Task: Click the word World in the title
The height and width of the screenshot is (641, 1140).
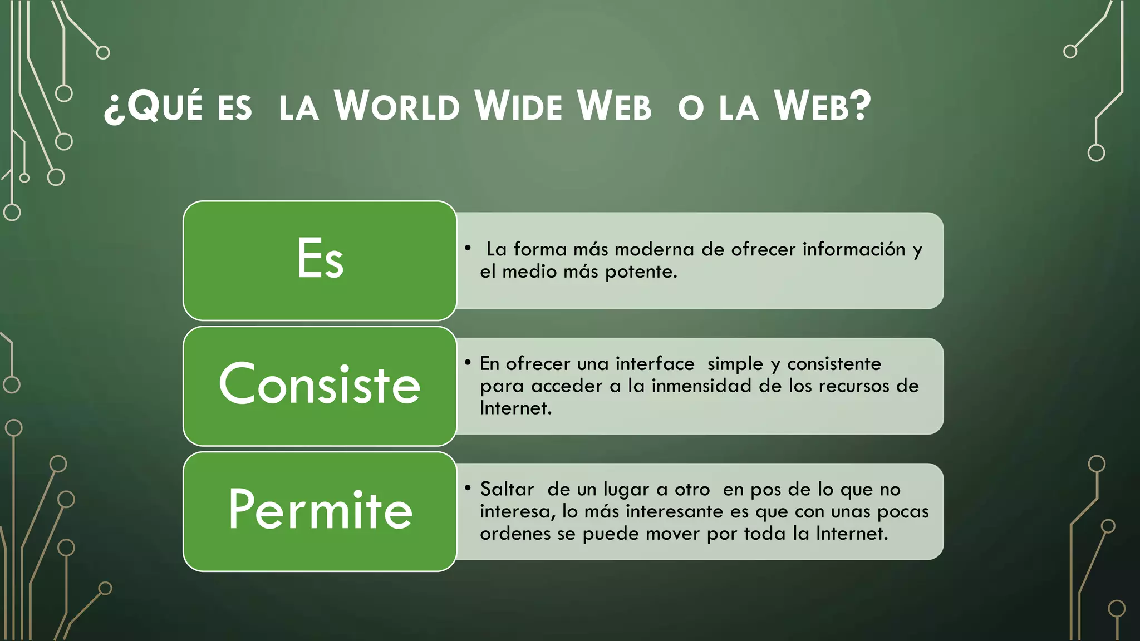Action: [x=397, y=106]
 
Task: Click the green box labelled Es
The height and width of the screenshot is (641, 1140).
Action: [x=320, y=260]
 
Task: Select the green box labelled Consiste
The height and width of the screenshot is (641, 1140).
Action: [x=320, y=386]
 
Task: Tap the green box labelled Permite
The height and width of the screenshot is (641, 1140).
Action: [x=320, y=511]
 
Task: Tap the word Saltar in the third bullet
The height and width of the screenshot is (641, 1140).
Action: [x=507, y=489]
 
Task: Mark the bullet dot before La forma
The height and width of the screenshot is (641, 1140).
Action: [x=468, y=248]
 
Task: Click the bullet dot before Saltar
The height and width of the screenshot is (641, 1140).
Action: [x=468, y=488]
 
